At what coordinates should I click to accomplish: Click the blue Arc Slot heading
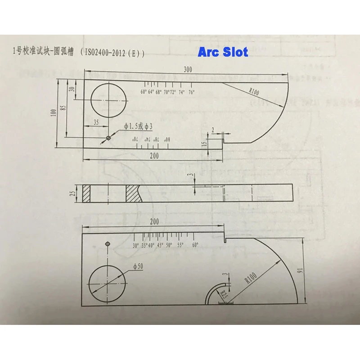[x=223, y=52]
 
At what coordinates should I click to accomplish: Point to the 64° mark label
[x=151, y=92]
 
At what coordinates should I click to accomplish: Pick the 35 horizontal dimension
[x=95, y=122]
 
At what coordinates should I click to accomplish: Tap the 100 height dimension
[x=54, y=112]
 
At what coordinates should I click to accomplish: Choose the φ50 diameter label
[x=138, y=266]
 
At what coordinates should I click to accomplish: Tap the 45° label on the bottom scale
[x=160, y=246]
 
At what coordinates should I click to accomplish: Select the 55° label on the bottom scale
[x=180, y=246]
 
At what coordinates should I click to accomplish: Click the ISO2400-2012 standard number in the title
[x=110, y=53]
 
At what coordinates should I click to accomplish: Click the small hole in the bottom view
[x=107, y=244]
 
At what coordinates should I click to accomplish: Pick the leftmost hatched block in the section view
[x=87, y=193]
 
